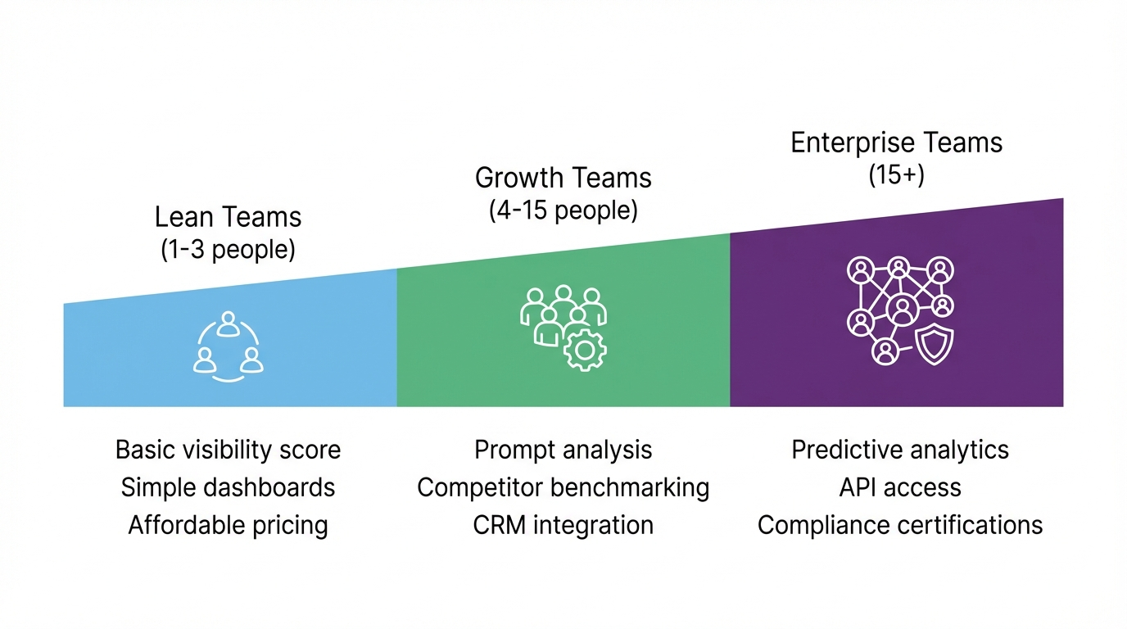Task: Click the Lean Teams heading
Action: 228,217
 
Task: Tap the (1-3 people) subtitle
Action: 228,249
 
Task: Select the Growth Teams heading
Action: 563,178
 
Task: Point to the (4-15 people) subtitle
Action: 563,210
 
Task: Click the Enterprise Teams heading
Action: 896,143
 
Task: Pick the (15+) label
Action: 896,174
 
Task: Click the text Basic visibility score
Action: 228,450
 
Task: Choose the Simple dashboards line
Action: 228,487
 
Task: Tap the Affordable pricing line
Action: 228,525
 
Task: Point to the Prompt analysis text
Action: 563,450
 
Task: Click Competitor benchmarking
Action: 563,487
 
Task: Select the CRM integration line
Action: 563,525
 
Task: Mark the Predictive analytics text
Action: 900,450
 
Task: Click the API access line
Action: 900,487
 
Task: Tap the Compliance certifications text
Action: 900,525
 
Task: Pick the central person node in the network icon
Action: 902,310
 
